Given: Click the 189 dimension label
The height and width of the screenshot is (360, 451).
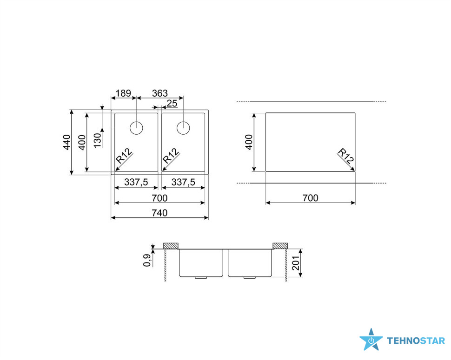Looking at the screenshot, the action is tap(123, 93).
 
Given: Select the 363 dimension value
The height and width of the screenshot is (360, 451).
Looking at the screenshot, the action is tap(159, 93).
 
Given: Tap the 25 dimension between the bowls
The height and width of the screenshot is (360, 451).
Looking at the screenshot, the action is tap(172, 104).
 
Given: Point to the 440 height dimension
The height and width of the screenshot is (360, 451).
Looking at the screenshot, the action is tap(66, 142).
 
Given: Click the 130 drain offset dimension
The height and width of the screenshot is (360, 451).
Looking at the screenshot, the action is tap(98, 140).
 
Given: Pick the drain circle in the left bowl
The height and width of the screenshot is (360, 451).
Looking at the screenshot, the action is tap(136, 128).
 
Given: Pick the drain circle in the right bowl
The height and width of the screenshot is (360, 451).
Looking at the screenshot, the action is tap(183, 128).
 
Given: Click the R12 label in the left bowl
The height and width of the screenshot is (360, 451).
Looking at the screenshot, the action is tap(124, 156).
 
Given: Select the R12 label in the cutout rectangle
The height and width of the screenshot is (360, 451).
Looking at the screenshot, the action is tap(345, 156).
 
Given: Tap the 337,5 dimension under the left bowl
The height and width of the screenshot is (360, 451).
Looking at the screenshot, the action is tap(136, 182).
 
